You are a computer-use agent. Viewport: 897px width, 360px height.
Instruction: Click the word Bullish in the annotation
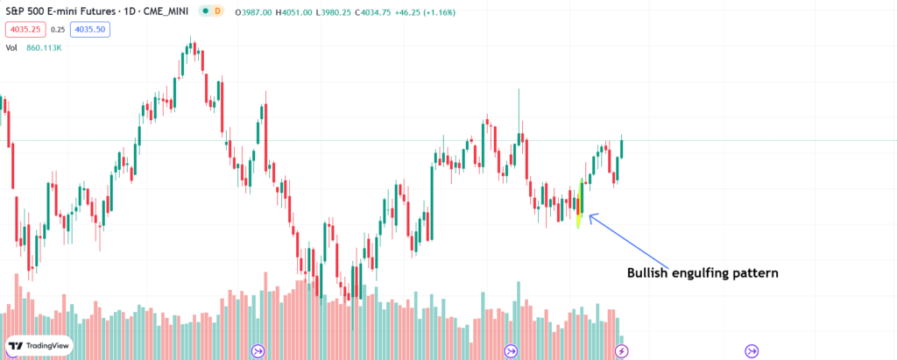tap(649, 273)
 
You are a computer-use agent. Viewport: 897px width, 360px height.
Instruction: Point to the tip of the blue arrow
tap(590, 215)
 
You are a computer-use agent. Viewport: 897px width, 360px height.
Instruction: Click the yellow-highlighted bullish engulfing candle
tap(580, 203)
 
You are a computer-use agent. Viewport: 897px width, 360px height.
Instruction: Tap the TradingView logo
tap(38, 346)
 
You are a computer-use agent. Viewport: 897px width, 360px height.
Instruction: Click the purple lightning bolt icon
tap(622, 351)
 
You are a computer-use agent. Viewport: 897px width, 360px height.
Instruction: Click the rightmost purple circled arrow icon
tap(752, 351)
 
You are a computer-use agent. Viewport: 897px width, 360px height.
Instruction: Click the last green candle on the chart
tap(622, 146)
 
